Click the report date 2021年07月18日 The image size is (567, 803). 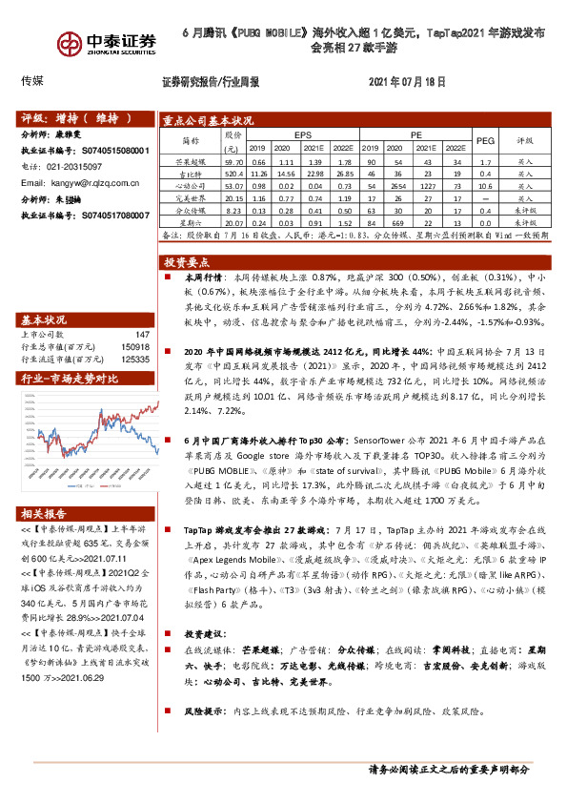point(406,82)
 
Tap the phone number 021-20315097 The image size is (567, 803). point(77,166)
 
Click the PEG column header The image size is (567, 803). point(485,141)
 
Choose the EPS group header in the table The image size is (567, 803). point(302,135)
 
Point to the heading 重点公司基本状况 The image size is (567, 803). point(208,121)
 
